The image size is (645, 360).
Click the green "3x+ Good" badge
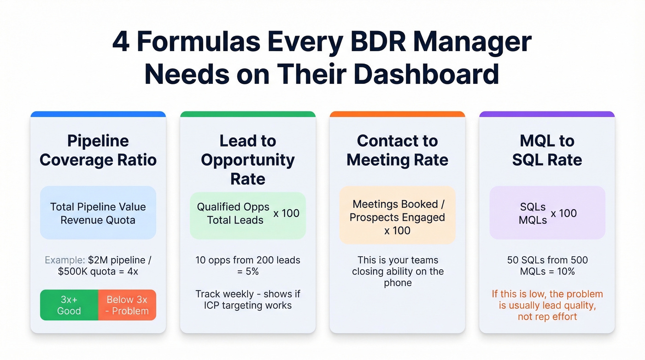click(x=69, y=305)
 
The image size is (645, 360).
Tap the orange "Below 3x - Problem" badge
click(x=127, y=305)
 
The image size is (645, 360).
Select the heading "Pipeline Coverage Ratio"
click(x=98, y=150)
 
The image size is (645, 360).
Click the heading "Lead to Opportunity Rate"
click(x=248, y=159)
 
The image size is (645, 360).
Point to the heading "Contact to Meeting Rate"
click(x=397, y=150)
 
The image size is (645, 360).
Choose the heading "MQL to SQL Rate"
click(x=547, y=150)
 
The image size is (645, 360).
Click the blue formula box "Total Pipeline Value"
click(x=98, y=213)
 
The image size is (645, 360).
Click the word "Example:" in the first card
click(x=62, y=260)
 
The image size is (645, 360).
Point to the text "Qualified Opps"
click(x=233, y=207)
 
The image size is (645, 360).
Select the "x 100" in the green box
click(x=286, y=213)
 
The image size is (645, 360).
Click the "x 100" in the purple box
click(x=563, y=213)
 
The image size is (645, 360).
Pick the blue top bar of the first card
click(x=98, y=114)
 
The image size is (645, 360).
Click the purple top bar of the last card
click(x=547, y=114)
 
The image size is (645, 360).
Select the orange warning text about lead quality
click(x=547, y=305)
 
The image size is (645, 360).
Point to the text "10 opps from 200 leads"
click(x=248, y=260)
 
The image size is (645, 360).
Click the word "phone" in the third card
click(x=397, y=283)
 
